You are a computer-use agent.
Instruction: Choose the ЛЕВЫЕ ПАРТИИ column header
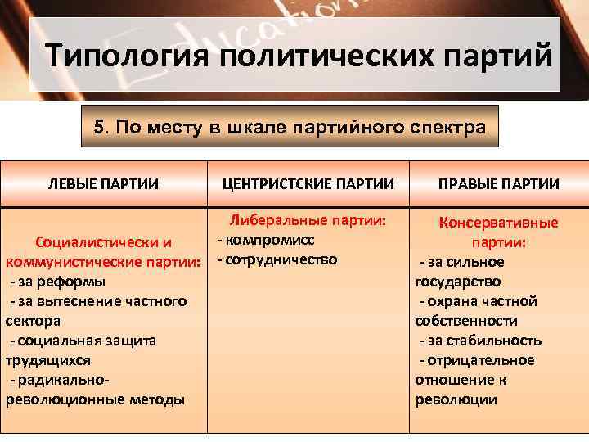tap(103, 183)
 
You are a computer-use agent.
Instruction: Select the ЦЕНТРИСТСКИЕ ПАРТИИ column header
tap(308, 183)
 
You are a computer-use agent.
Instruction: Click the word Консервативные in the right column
tap(499, 223)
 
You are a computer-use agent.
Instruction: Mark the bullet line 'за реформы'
tap(57, 282)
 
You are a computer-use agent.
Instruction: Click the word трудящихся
tap(48, 360)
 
